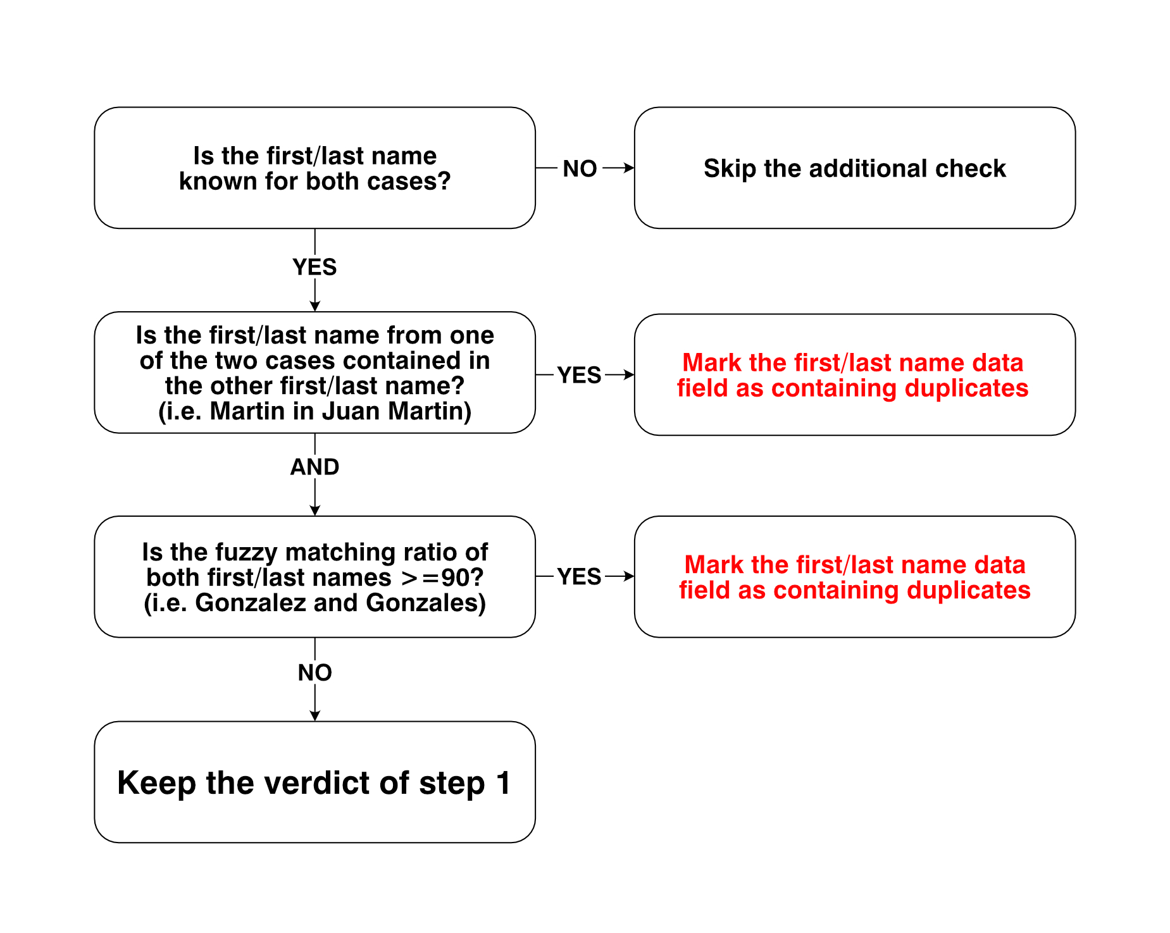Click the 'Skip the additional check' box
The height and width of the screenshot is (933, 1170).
coord(855,168)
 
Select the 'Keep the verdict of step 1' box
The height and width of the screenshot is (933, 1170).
coord(315,782)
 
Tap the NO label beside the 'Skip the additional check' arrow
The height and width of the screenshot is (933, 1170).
coord(580,169)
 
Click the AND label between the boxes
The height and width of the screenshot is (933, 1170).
coord(315,467)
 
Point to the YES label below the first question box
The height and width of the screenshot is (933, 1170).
coord(315,267)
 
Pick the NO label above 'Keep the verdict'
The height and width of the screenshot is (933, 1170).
coord(315,672)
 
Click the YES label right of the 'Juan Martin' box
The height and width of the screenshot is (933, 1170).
coord(580,375)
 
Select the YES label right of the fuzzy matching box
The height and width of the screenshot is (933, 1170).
coord(580,577)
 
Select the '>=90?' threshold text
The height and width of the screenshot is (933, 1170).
coord(443,578)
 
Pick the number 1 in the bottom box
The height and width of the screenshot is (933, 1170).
coord(504,782)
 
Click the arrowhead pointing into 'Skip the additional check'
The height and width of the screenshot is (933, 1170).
coord(629,168)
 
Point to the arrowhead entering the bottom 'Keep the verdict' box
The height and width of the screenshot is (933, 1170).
coord(315,715)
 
